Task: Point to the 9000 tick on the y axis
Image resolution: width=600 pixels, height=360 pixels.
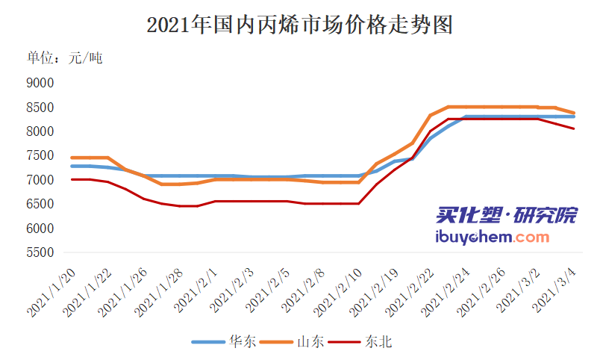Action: tap(40, 83)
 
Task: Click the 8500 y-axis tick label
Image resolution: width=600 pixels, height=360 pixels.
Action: tap(40, 108)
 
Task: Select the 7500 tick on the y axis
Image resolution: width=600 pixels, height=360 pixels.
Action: tap(40, 156)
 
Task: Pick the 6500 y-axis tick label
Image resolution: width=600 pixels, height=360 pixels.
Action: tap(40, 205)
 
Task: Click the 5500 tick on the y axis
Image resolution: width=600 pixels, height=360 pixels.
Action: tap(40, 253)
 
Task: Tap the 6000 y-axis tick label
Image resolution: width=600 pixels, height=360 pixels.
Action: tap(40, 229)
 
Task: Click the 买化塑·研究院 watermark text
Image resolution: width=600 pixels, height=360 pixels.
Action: tap(506, 217)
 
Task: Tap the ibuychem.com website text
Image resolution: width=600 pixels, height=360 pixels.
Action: tap(491, 237)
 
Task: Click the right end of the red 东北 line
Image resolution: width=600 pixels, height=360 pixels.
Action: tap(573, 128)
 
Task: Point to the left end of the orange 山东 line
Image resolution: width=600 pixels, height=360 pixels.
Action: tap(72, 158)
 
